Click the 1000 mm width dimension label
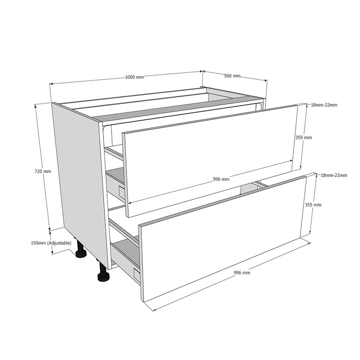coord(134,77)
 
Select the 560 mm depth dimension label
coord(232,76)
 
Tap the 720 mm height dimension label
coord(43,171)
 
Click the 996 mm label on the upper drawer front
coord(221,179)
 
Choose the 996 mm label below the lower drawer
coord(242,273)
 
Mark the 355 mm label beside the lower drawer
coord(313,205)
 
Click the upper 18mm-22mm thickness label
coord(324,105)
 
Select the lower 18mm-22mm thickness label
coord(333,175)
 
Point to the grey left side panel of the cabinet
coord(81,180)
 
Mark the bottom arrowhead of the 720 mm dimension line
coord(50,229)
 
